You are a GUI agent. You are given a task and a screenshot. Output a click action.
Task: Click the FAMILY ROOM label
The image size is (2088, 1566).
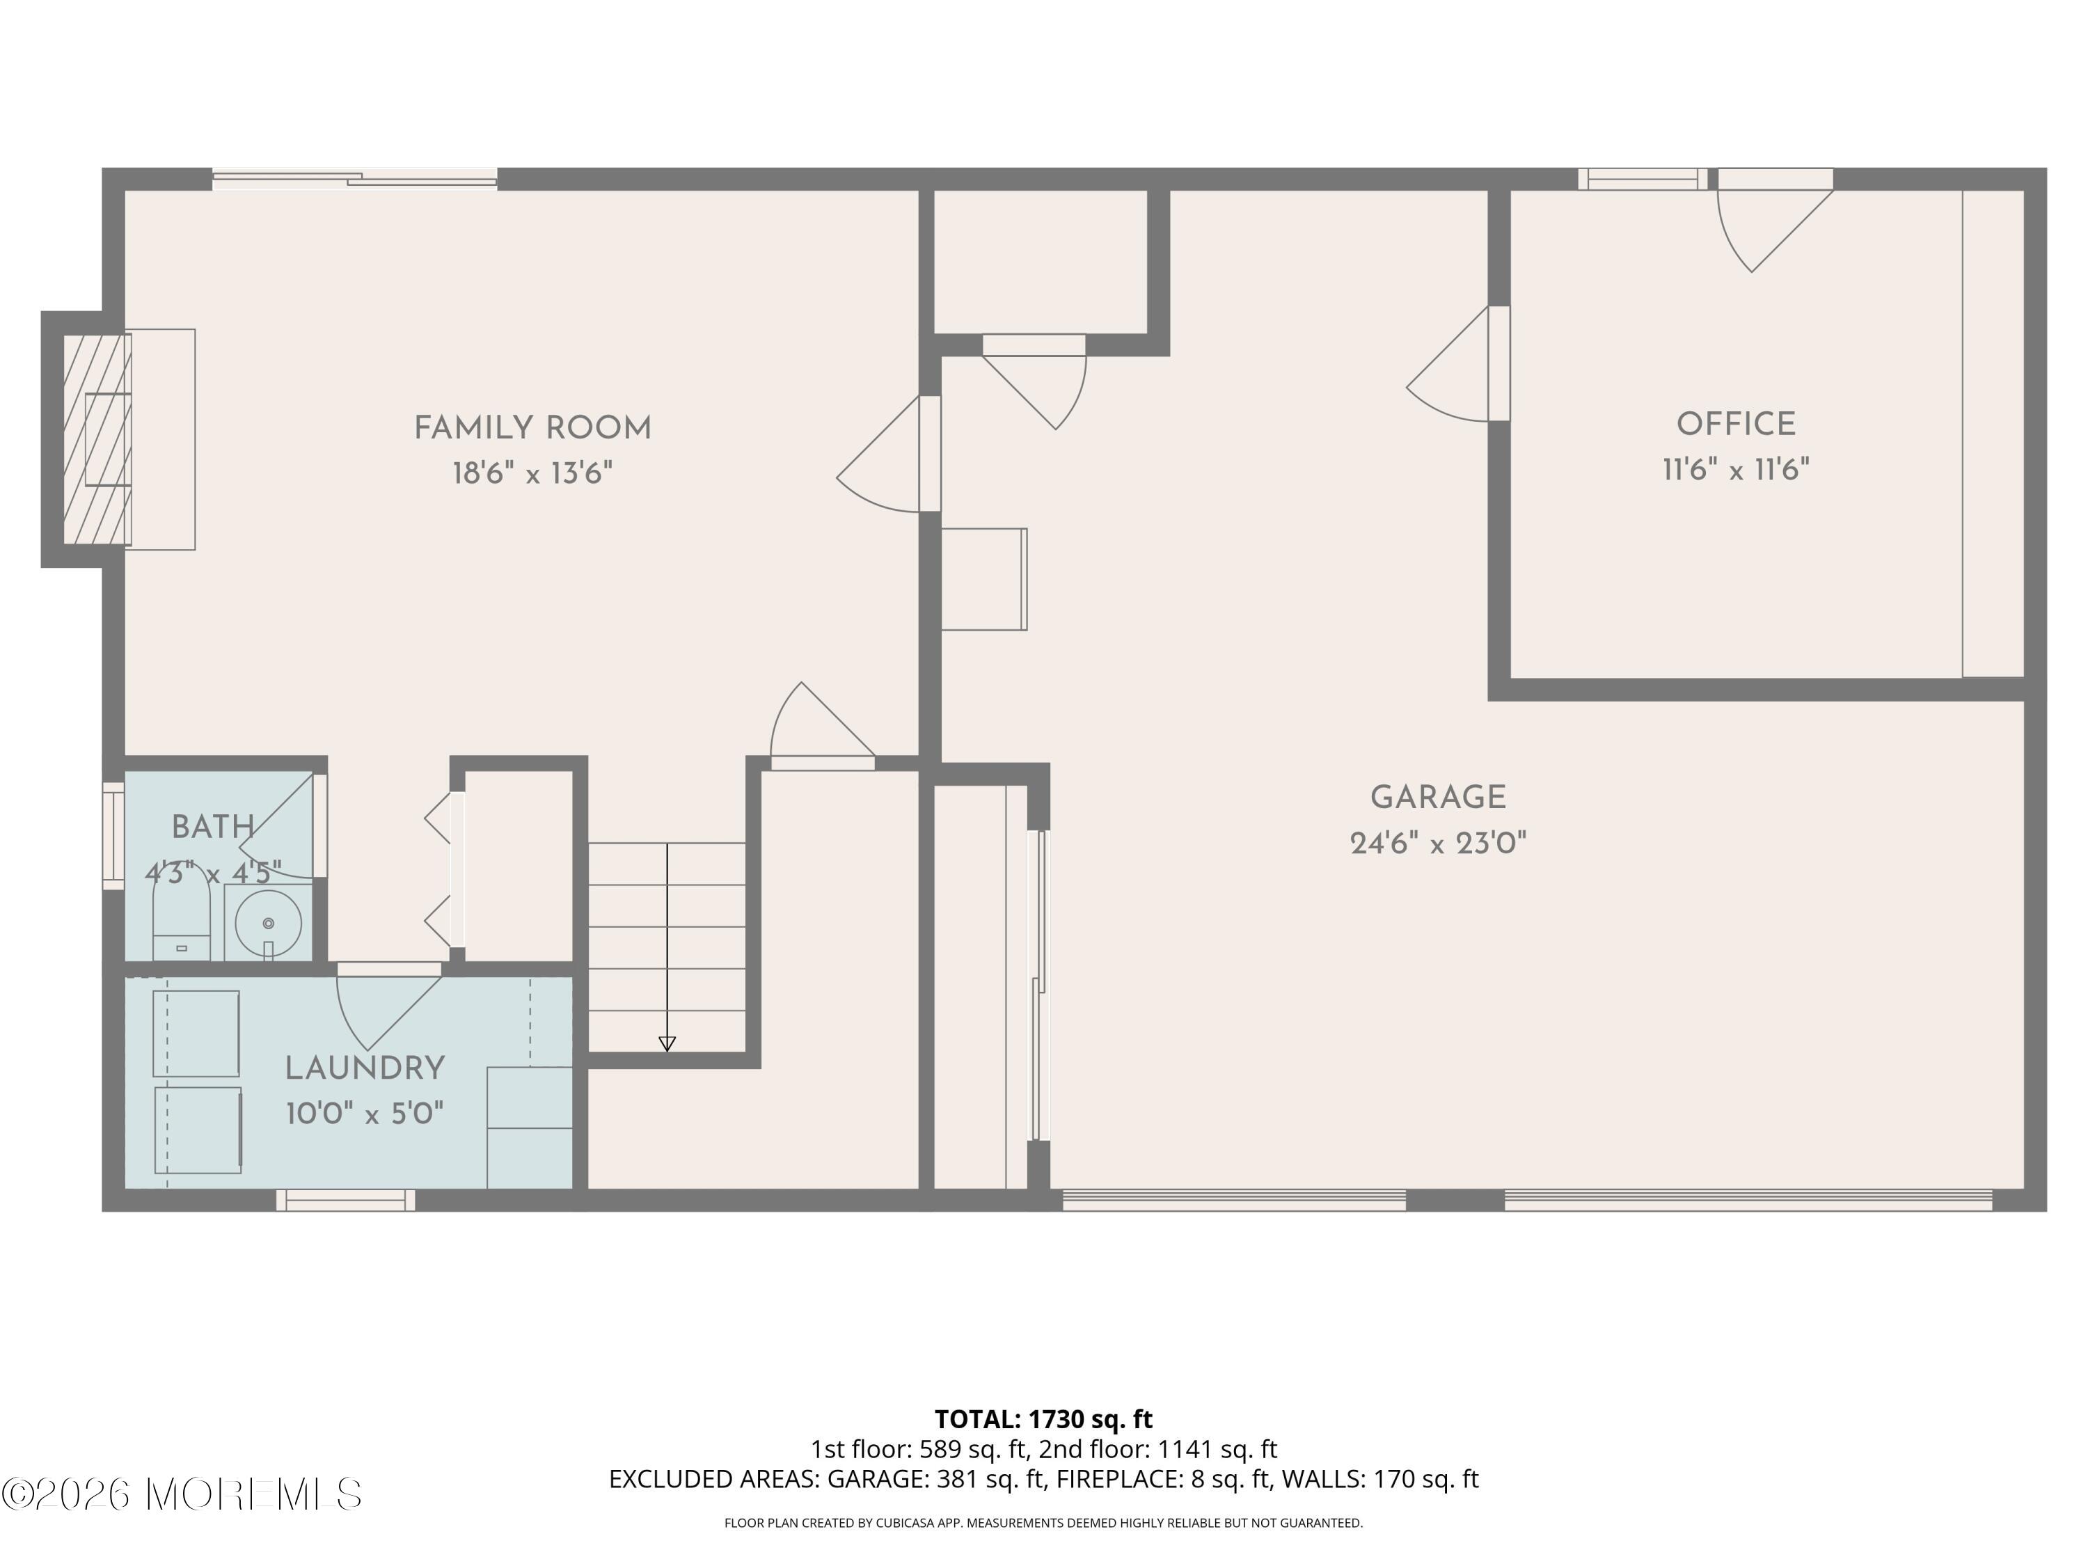[x=532, y=429]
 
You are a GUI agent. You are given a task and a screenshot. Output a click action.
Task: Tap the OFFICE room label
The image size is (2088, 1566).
[x=1735, y=425]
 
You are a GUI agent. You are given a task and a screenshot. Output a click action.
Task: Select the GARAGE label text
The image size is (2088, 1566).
[x=1438, y=798]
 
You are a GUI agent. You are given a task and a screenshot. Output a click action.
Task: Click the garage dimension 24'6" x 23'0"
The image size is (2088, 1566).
[x=1438, y=843]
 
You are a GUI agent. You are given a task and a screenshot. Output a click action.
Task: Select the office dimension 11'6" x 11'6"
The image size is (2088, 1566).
[x=1735, y=469]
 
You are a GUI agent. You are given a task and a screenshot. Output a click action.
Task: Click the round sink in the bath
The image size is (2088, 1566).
[x=268, y=923]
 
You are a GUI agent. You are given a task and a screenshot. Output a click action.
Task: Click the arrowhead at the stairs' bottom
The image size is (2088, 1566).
[x=667, y=1044]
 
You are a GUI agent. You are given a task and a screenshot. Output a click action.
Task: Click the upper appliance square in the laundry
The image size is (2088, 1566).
[x=196, y=1033]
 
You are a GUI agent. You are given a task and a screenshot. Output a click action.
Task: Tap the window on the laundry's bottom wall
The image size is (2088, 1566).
[x=345, y=1200]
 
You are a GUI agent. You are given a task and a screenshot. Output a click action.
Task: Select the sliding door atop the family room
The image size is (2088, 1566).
[x=354, y=180]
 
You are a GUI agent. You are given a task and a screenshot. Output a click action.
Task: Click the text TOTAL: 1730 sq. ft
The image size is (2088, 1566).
[x=1043, y=1418]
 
